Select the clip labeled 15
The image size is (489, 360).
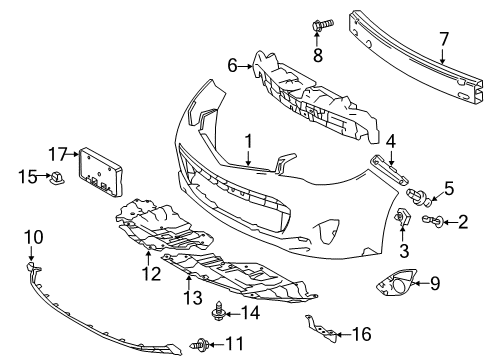pos(58,178)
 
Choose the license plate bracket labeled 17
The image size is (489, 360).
pos(100,168)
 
